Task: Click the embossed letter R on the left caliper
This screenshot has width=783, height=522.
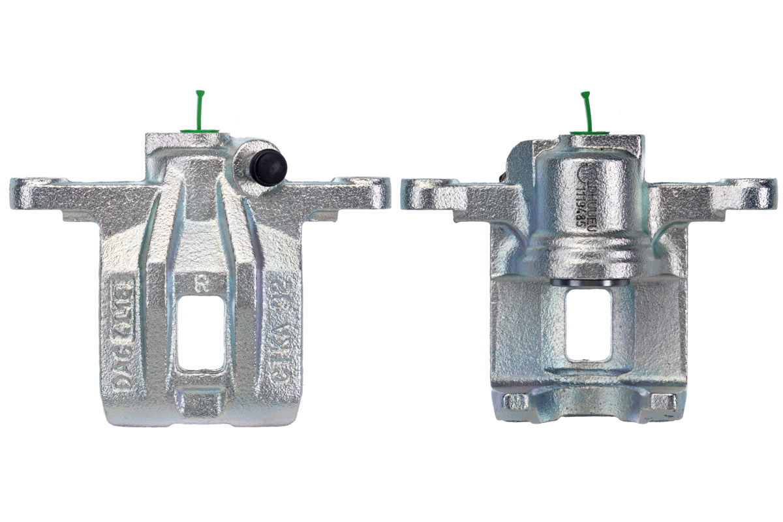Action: coord(202,284)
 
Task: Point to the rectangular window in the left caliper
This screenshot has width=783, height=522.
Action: coord(202,333)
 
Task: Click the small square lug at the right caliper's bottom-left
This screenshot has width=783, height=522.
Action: coord(516,401)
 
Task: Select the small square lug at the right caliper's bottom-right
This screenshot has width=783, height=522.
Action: coord(662,401)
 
